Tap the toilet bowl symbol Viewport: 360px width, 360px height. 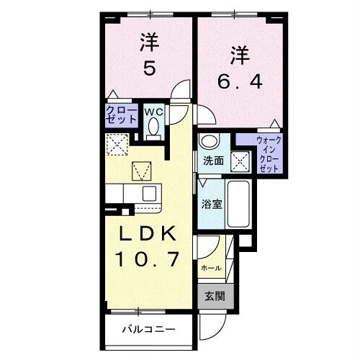tap(153, 127)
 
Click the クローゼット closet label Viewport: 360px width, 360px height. tap(117, 116)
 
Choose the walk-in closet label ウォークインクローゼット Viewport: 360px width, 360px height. tap(268, 153)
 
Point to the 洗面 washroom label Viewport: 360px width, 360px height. tap(212, 160)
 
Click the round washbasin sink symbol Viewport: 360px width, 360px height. tap(207, 141)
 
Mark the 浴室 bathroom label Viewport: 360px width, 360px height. tap(212, 204)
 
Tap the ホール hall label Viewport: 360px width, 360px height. tap(211, 268)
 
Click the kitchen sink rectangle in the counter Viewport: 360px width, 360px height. tap(149, 193)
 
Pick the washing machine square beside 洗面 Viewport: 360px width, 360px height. tap(240, 161)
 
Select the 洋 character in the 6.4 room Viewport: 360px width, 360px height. tap(240, 55)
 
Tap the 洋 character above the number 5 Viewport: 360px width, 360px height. tap(149, 43)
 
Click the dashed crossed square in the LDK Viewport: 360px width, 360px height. tap(117, 145)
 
